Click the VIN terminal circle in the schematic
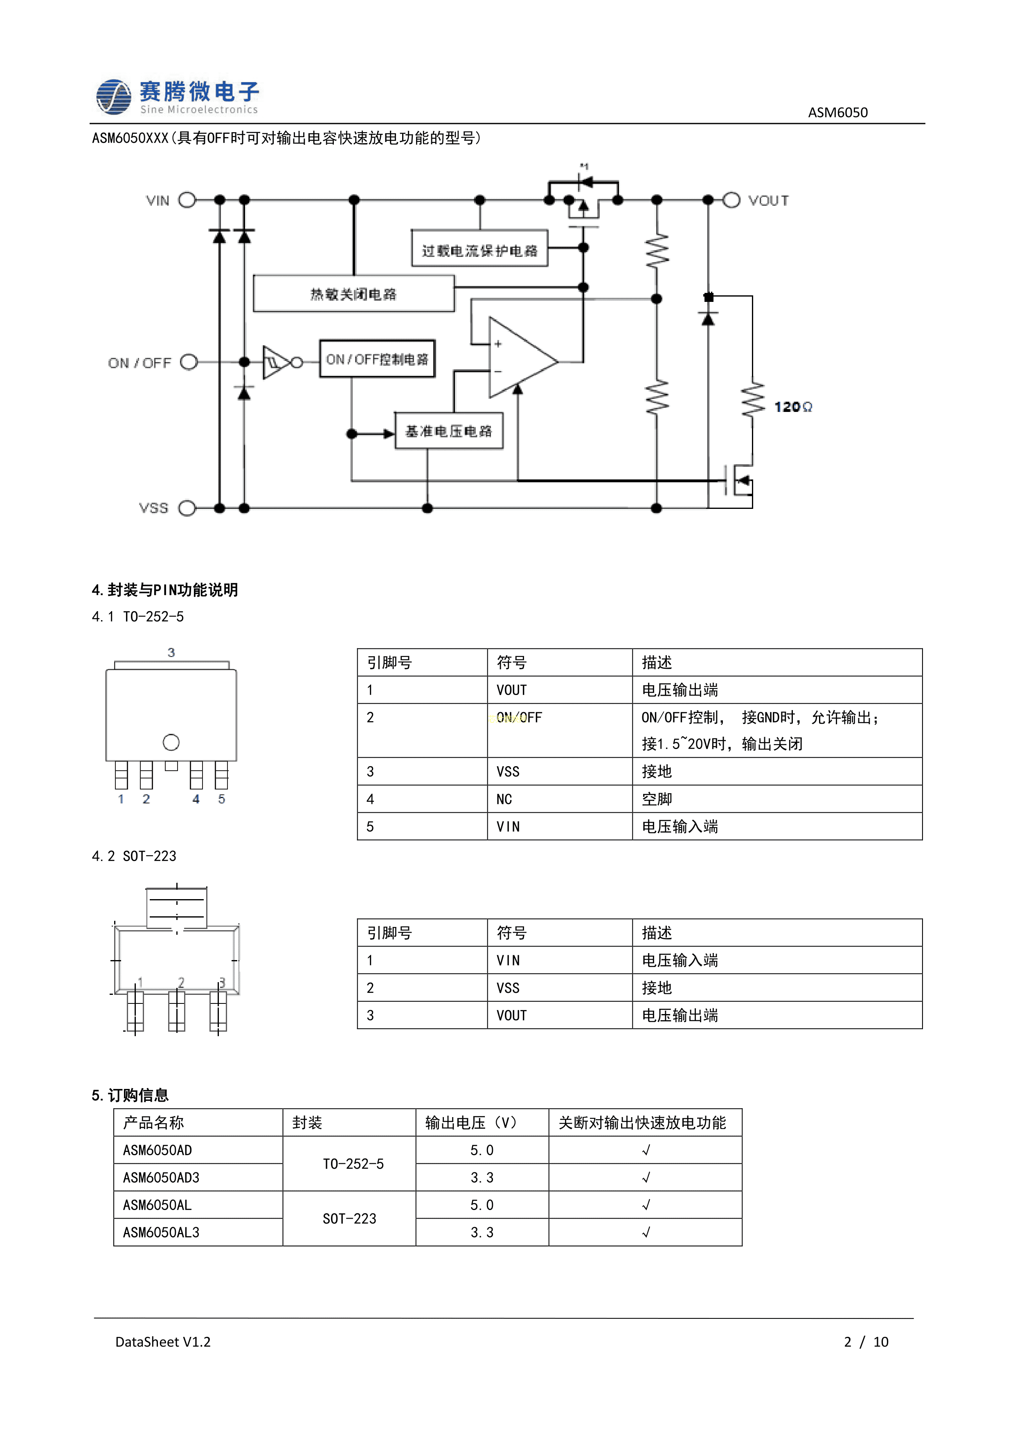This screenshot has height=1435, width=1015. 187,200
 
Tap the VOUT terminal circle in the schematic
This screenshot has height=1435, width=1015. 731,200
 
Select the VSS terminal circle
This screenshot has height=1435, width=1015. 187,508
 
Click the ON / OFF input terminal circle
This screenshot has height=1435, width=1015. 189,362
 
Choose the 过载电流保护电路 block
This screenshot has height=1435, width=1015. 479,250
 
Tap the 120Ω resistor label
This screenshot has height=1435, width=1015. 792,407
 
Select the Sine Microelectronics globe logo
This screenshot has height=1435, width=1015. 114,97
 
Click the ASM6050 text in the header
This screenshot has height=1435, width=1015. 837,112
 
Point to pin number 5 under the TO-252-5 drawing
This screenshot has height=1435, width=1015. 221,799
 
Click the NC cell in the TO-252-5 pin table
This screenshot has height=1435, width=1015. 504,799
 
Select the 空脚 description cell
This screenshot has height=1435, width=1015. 657,799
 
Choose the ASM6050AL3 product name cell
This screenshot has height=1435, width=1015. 161,1232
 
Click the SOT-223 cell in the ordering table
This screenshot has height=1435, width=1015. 349,1218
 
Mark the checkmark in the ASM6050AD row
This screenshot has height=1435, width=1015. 646,1150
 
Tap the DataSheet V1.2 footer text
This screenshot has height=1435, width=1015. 163,1342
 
